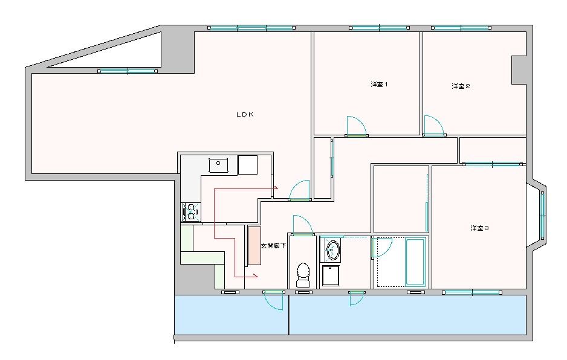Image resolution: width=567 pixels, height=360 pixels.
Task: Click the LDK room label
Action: click(244, 114)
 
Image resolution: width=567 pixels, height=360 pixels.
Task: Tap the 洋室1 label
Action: click(379, 85)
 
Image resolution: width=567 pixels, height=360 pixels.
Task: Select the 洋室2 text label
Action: click(461, 86)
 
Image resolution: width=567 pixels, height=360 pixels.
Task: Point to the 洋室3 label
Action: click(479, 228)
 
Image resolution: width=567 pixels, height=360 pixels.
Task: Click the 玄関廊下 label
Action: click(273, 246)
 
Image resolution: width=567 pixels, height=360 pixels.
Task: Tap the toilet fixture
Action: click(303, 275)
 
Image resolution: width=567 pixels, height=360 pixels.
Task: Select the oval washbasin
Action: click(332, 249)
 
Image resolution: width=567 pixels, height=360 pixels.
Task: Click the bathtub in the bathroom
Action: click(415, 262)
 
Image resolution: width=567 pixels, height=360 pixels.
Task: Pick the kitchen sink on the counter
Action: click(218, 164)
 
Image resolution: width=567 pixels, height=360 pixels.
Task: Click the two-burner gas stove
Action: click(190, 211)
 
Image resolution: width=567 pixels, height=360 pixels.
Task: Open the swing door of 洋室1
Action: click(357, 127)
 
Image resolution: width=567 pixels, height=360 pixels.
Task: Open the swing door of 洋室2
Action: click(433, 126)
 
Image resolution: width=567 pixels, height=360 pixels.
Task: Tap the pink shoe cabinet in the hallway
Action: click(254, 245)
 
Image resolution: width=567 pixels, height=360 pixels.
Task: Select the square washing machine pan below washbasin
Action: click(332, 276)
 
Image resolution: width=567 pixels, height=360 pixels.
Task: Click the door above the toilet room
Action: click(302, 225)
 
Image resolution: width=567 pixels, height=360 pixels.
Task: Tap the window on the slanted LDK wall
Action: click(128, 71)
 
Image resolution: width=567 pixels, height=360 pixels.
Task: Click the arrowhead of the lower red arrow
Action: click(256, 276)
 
